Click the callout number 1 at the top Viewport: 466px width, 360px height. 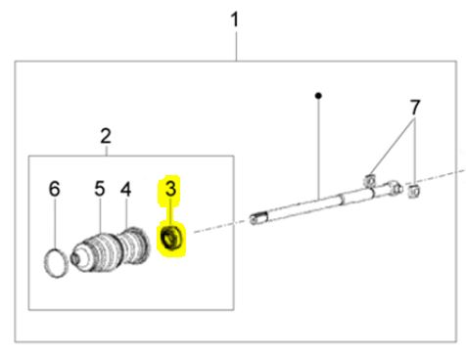pos(235,20)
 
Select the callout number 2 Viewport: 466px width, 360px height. pos(106,136)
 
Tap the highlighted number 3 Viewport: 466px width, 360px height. pos(170,189)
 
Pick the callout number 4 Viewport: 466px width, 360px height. pos(125,189)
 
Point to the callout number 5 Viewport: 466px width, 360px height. pos(100,189)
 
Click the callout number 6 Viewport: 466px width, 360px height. pos(55,189)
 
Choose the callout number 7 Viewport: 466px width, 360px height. pos(415,108)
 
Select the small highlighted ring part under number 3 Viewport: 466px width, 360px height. pos(171,238)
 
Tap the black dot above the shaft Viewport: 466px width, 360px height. pos(318,96)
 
